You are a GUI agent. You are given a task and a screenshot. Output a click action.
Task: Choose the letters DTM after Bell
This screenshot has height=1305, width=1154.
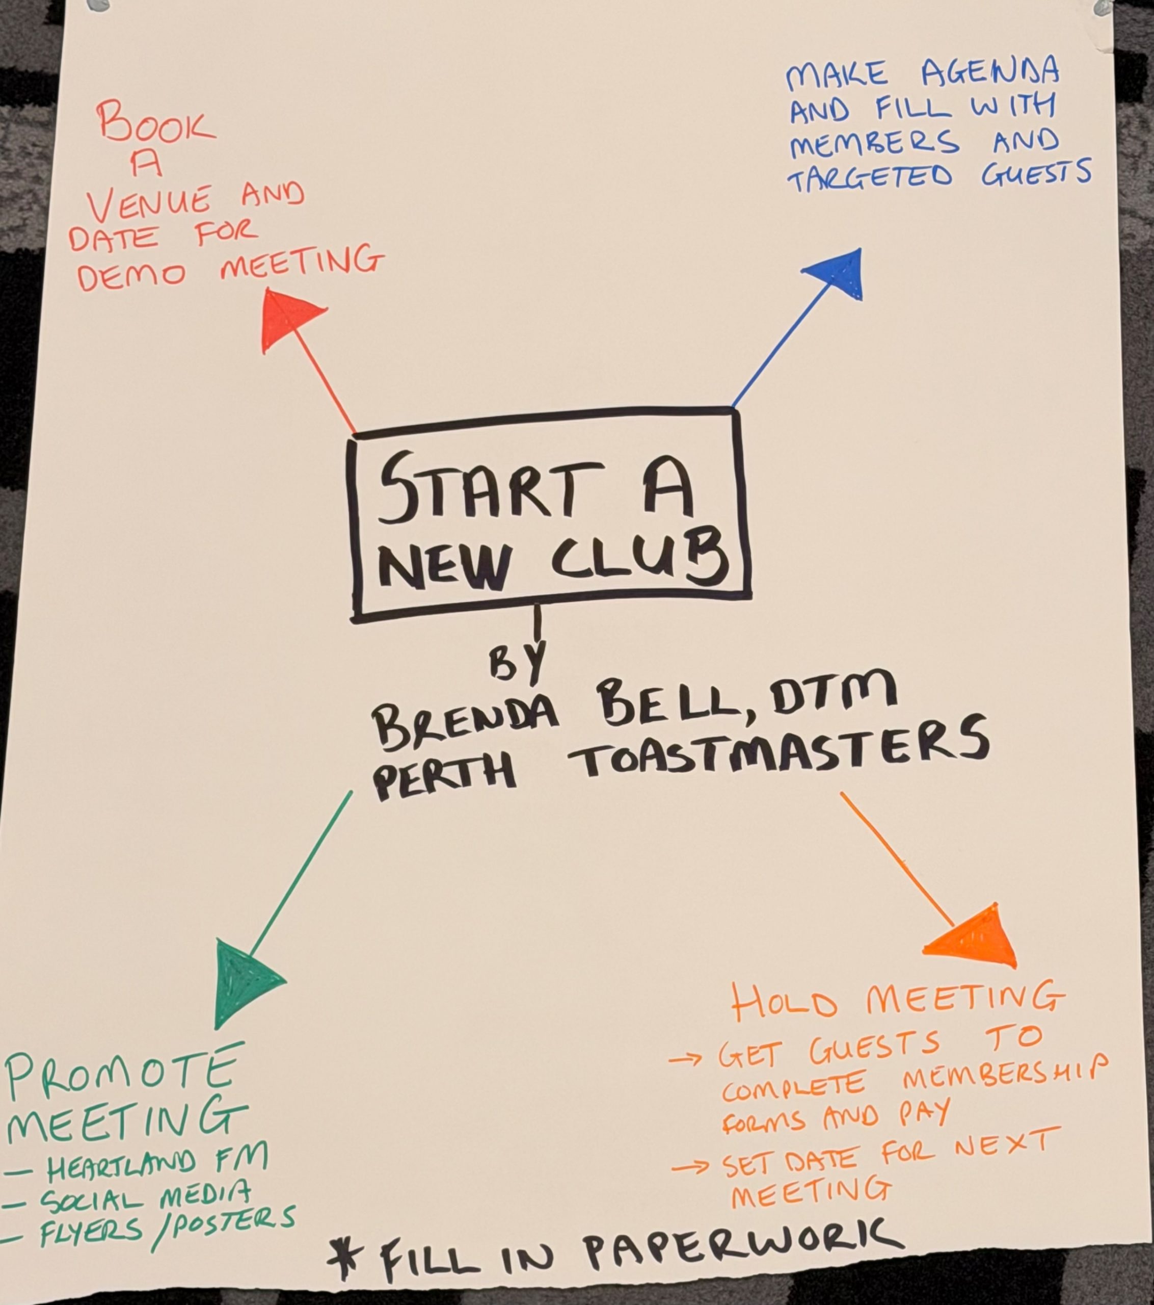click(833, 698)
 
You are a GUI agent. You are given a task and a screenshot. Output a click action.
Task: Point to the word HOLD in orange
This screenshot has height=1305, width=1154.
click(784, 1004)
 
